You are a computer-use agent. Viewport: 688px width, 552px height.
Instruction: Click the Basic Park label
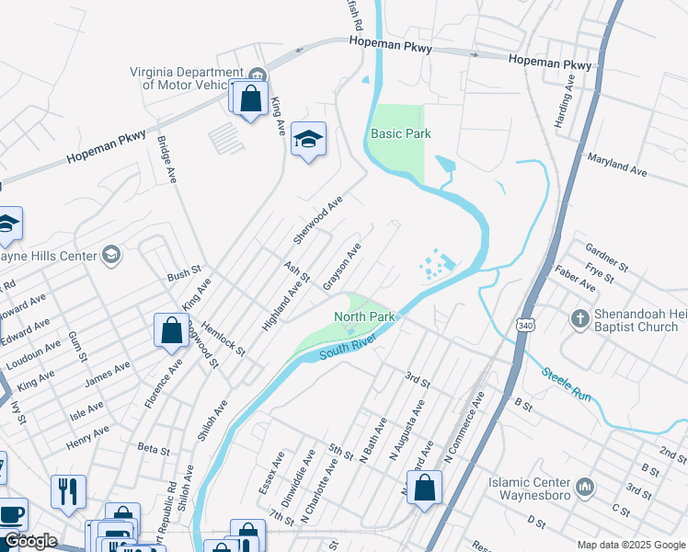point(400,133)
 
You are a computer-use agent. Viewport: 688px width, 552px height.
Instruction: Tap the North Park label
point(364,316)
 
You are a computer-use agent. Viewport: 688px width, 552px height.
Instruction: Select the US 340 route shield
point(524,326)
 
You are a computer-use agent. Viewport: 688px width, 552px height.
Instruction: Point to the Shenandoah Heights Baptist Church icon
point(579,318)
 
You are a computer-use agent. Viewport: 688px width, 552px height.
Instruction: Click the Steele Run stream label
point(565,384)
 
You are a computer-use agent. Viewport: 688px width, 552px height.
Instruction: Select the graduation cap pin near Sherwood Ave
point(308,139)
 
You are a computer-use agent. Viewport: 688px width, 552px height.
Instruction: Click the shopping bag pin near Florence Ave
point(171,330)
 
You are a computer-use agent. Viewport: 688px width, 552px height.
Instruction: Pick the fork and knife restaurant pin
point(68,491)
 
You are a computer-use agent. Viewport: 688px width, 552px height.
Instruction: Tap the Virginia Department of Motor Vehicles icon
point(258,74)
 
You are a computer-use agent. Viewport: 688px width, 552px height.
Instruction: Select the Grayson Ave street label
point(341,268)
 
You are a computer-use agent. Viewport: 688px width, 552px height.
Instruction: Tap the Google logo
point(30,541)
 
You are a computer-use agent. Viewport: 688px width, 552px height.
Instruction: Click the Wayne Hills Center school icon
point(111,254)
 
